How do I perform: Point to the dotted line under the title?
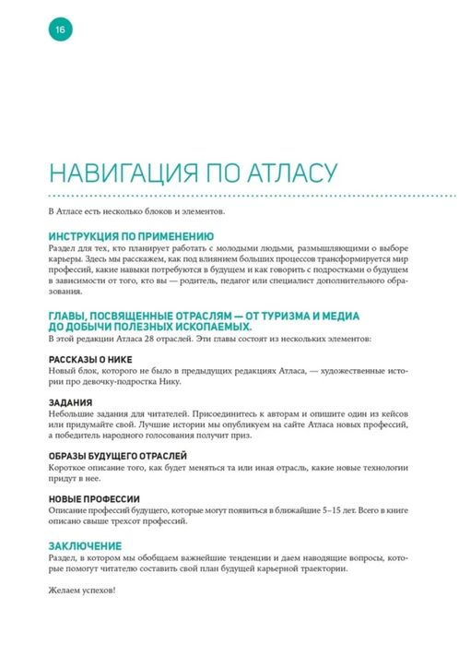[250, 196]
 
